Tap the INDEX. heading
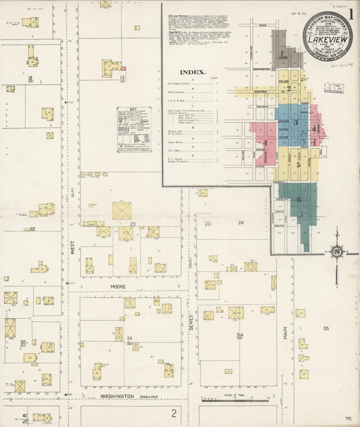193,72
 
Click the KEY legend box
134,129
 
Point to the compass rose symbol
336,253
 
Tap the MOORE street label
119,286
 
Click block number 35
326,328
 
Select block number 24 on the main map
240,222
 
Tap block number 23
133,224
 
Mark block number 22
32,229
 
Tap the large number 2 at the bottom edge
174,413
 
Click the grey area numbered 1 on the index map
282,53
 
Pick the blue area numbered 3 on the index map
295,122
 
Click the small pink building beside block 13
124,68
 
